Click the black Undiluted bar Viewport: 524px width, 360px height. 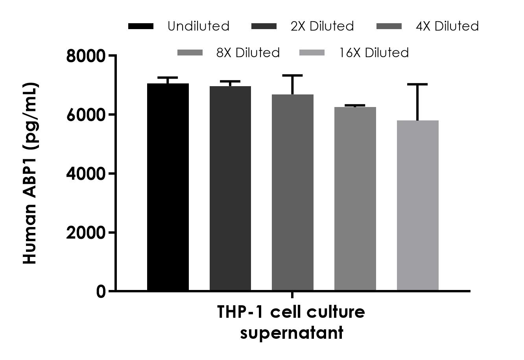(168, 187)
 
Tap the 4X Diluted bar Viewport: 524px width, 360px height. (293, 192)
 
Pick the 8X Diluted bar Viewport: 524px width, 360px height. (355, 199)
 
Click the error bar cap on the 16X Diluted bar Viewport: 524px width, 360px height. (417, 84)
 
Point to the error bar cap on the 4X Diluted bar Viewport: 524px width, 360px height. (293, 75)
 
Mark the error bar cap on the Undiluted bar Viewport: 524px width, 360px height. (168, 78)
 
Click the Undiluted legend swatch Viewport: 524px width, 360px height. (141, 26)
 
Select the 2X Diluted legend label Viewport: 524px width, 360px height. (322, 26)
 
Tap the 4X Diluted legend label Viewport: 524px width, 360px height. (447, 26)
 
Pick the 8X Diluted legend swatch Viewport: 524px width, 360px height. (190, 52)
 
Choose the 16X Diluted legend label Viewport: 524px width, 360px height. (374, 52)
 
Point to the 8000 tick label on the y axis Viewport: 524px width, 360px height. (86, 56)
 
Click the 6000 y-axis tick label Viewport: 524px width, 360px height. (86, 114)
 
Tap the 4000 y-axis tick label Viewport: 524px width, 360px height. (86, 174)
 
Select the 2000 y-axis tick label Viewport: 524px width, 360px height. (86, 233)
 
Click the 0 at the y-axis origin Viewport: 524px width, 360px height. (101, 292)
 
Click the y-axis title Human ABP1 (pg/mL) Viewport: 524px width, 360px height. (30, 173)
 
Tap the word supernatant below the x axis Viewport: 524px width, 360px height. (292, 333)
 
